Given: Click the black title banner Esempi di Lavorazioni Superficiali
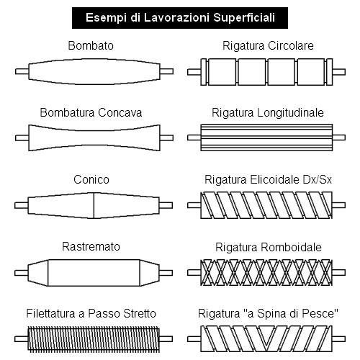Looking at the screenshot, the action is (x=180, y=18).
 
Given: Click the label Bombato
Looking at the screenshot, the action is (x=91, y=45).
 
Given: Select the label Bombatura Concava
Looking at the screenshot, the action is (x=91, y=112).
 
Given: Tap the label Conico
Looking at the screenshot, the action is (x=91, y=179).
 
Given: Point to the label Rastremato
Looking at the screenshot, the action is (x=91, y=246).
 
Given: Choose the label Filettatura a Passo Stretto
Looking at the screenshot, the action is (x=91, y=313).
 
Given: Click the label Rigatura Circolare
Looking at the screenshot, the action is (x=268, y=45).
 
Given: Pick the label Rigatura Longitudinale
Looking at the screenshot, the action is (x=268, y=112).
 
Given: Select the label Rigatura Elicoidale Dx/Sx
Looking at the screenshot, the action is (x=268, y=179).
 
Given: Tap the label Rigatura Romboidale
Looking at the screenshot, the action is (x=269, y=247).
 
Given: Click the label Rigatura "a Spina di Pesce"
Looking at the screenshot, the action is (x=268, y=313).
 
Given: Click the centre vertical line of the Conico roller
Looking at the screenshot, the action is (x=94, y=205).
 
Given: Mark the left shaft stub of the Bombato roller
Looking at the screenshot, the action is (x=22, y=71).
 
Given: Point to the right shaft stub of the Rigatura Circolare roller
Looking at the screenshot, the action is (x=339, y=72).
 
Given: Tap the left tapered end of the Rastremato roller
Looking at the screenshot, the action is (x=38, y=273).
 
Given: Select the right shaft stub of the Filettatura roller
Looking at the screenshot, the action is (x=166, y=339).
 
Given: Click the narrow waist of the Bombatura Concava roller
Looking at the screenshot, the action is (x=94, y=138).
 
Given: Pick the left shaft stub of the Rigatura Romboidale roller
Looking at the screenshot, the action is (x=194, y=272).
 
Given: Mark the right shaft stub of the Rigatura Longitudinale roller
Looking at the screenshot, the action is (x=339, y=138).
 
